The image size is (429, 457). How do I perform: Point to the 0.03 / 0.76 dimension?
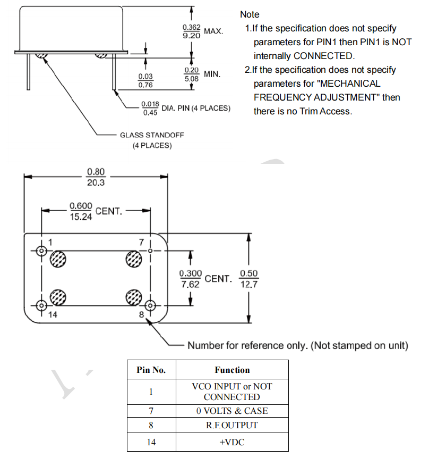pyautogui.click(x=145, y=80)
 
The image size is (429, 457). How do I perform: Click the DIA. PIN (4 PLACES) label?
pyautogui.click(x=196, y=108)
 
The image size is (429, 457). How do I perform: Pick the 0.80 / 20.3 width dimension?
pyautogui.click(x=96, y=177)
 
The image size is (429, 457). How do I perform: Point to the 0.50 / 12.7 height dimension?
pyautogui.click(x=248, y=278)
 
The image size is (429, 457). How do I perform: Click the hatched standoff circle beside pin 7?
pyautogui.click(x=133, y=259)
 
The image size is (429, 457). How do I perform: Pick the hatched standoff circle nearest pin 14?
pyautogui.click(x=58, y=297)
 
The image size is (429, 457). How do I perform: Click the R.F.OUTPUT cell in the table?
pyautogui.click(x=232, y=426)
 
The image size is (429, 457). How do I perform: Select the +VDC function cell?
pyautogui.click(x=232, y=442)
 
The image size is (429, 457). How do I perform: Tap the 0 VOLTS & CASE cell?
pyautogui.click(x=232, y=411)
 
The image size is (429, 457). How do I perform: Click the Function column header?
pyautogui.click(x=232, y=370)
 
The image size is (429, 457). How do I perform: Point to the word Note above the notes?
pyautogui.click(x=250, y=14)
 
